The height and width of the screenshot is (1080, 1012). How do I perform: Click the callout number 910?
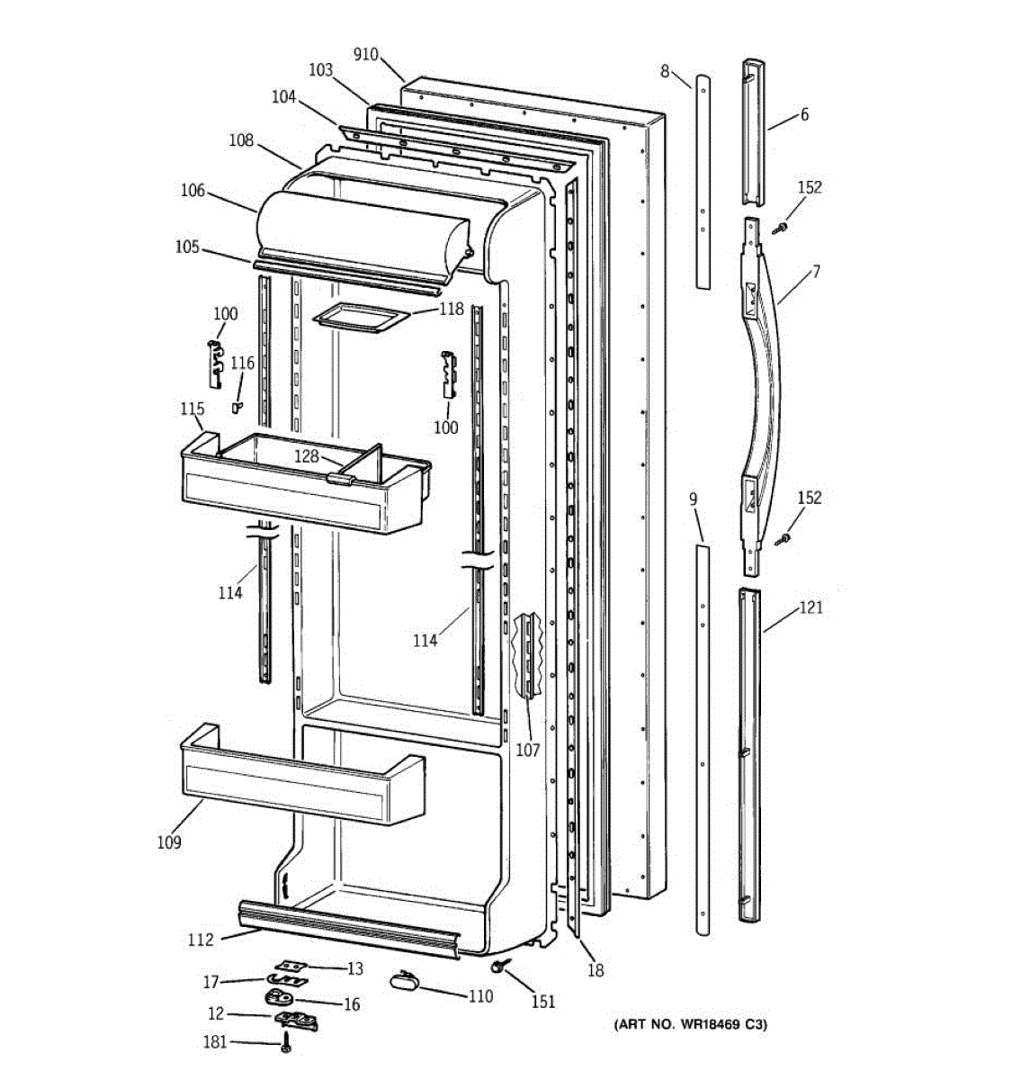[x=366, y=54]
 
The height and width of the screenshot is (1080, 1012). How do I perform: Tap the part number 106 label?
[x=193, y=191]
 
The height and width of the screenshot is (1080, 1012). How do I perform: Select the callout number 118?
[x=452, y=310]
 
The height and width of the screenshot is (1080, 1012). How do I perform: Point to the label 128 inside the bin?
[x=307, y=456]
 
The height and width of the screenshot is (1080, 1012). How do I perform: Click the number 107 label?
[x=527, y=750]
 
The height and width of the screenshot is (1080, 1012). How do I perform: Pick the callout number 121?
[x=810, y=607]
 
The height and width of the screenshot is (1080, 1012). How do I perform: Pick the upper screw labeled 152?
[x=779, y=230]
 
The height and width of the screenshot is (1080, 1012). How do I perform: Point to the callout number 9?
[x=694, y=499]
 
